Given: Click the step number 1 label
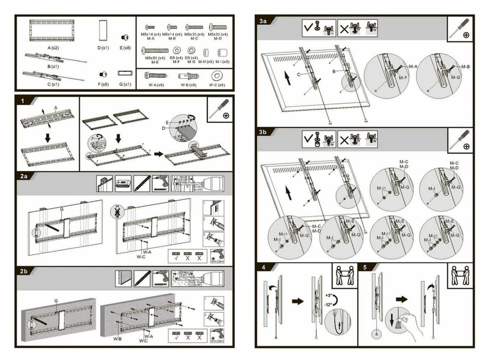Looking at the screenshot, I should click(x=23, y=101).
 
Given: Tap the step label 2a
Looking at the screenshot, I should click(x=24, y=176).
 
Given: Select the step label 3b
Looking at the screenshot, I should click(x=263, y=132).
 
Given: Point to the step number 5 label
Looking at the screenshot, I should click(x=365, y=267).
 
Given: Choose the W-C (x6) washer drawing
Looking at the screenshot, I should click(x=217, y=75).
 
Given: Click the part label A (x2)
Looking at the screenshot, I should click(x=53, y=48).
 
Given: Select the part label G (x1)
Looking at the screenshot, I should click(x=125, y=84).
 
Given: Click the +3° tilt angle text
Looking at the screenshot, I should click(x=328, y=295).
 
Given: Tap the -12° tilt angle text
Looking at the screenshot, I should click(x=328, y=304).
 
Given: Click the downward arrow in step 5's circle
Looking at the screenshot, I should click(x=392, y=319).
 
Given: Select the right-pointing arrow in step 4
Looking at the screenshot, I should click(x=298, y=301).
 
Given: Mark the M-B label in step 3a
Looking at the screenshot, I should click(x=465, y=67).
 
